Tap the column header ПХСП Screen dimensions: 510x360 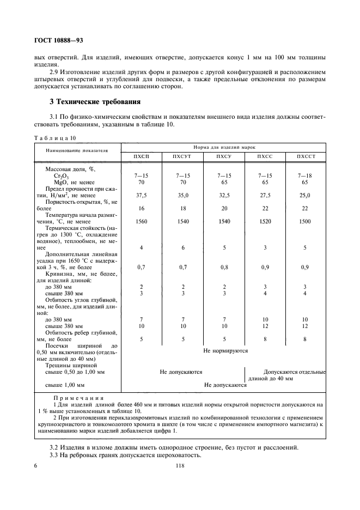point(141,157)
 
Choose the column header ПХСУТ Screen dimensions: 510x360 point(181,157)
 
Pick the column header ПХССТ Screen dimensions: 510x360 point(305,157)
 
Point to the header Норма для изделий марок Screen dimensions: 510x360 point(223,148)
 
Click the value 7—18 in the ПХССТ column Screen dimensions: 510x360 point(305,175)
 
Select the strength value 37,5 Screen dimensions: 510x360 point(141,195)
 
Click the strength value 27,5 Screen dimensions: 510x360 point(264,195)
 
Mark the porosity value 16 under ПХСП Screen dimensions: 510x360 point(141,209)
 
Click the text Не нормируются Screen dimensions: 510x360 point(225,351)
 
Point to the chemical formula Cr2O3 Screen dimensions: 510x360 point(61,175)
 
